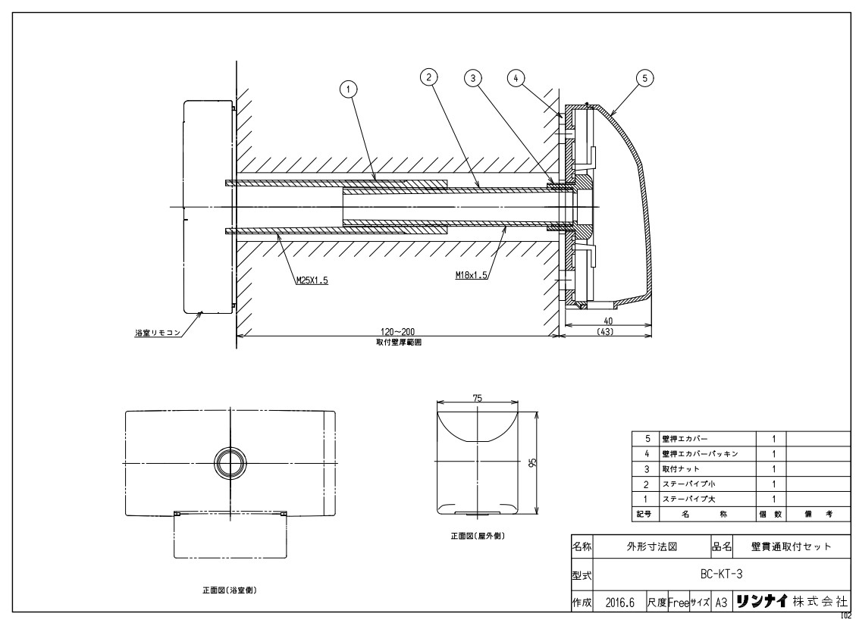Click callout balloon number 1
pos(349,89)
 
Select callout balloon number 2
pos(429,76)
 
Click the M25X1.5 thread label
pos(312,280)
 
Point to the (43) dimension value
pos(605,332)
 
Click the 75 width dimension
pos(477,396)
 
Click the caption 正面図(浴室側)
pos(228,590)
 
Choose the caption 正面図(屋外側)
pos(477,536)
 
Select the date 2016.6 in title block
pos(620,602)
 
